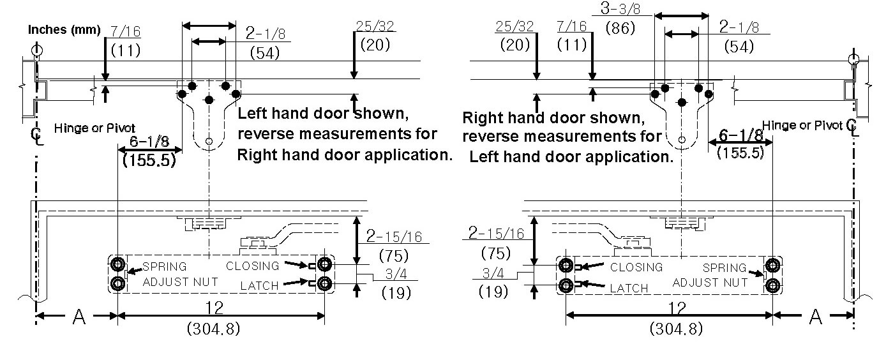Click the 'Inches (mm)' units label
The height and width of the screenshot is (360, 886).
tap(64, 29)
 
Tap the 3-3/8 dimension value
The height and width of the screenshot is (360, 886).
tap(620, 8)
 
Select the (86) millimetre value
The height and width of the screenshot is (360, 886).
tap(620, 28)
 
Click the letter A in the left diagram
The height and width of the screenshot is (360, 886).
tap(79, 317)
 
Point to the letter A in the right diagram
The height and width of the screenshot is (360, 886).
tap(815, 317)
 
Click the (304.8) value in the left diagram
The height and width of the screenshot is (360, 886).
tap(214, 329)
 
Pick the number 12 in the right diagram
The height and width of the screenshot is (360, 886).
tap(677, 308)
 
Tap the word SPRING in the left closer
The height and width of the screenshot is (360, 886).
tap(164, 267)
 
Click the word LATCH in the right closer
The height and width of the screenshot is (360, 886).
tap(629, 288)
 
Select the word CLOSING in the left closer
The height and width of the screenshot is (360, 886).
tap(252, 266)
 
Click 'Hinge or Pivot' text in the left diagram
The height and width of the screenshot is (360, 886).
tap(94, 128)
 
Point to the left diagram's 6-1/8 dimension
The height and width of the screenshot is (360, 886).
tap(149, 141)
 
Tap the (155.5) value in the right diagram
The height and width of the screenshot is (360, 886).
tap(740, 153)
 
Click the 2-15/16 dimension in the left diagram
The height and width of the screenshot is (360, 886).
tap(394, 236)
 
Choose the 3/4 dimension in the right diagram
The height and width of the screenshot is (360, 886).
tap(493, 273)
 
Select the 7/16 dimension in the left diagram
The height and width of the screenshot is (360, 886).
tap(125, 31)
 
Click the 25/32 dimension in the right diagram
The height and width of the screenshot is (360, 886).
tap(514, 27)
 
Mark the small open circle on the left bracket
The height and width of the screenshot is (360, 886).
tap(209, 141)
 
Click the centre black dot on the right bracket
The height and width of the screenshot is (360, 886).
tap(682, 103)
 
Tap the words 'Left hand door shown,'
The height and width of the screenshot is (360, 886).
tap(323, 114)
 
